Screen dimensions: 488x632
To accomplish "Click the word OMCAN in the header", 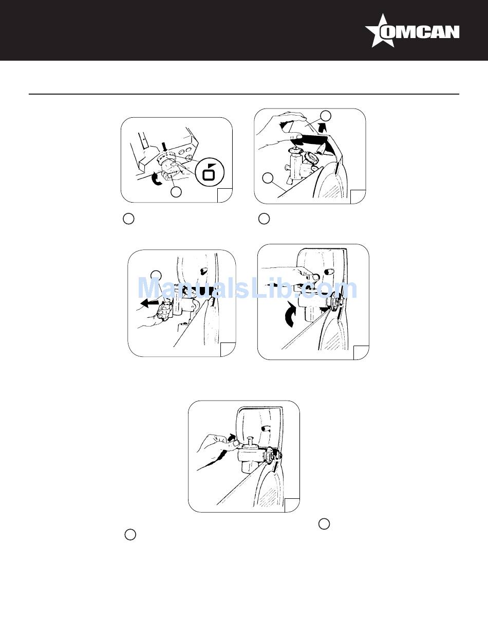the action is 420,32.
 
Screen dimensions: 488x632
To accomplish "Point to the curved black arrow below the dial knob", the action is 157,178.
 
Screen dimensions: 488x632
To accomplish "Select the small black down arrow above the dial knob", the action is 164,147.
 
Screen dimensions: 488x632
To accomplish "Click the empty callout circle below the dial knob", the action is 176,192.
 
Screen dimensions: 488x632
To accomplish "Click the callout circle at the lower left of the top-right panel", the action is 268,178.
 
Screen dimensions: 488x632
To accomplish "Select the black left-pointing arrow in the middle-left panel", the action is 149,303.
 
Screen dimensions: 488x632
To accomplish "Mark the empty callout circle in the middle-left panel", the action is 157,275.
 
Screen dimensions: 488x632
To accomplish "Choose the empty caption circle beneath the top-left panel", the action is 128,219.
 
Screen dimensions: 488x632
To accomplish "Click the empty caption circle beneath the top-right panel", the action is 264,219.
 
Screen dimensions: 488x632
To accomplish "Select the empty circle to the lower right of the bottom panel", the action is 324,524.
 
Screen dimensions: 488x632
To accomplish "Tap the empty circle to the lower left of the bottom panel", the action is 130,535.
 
